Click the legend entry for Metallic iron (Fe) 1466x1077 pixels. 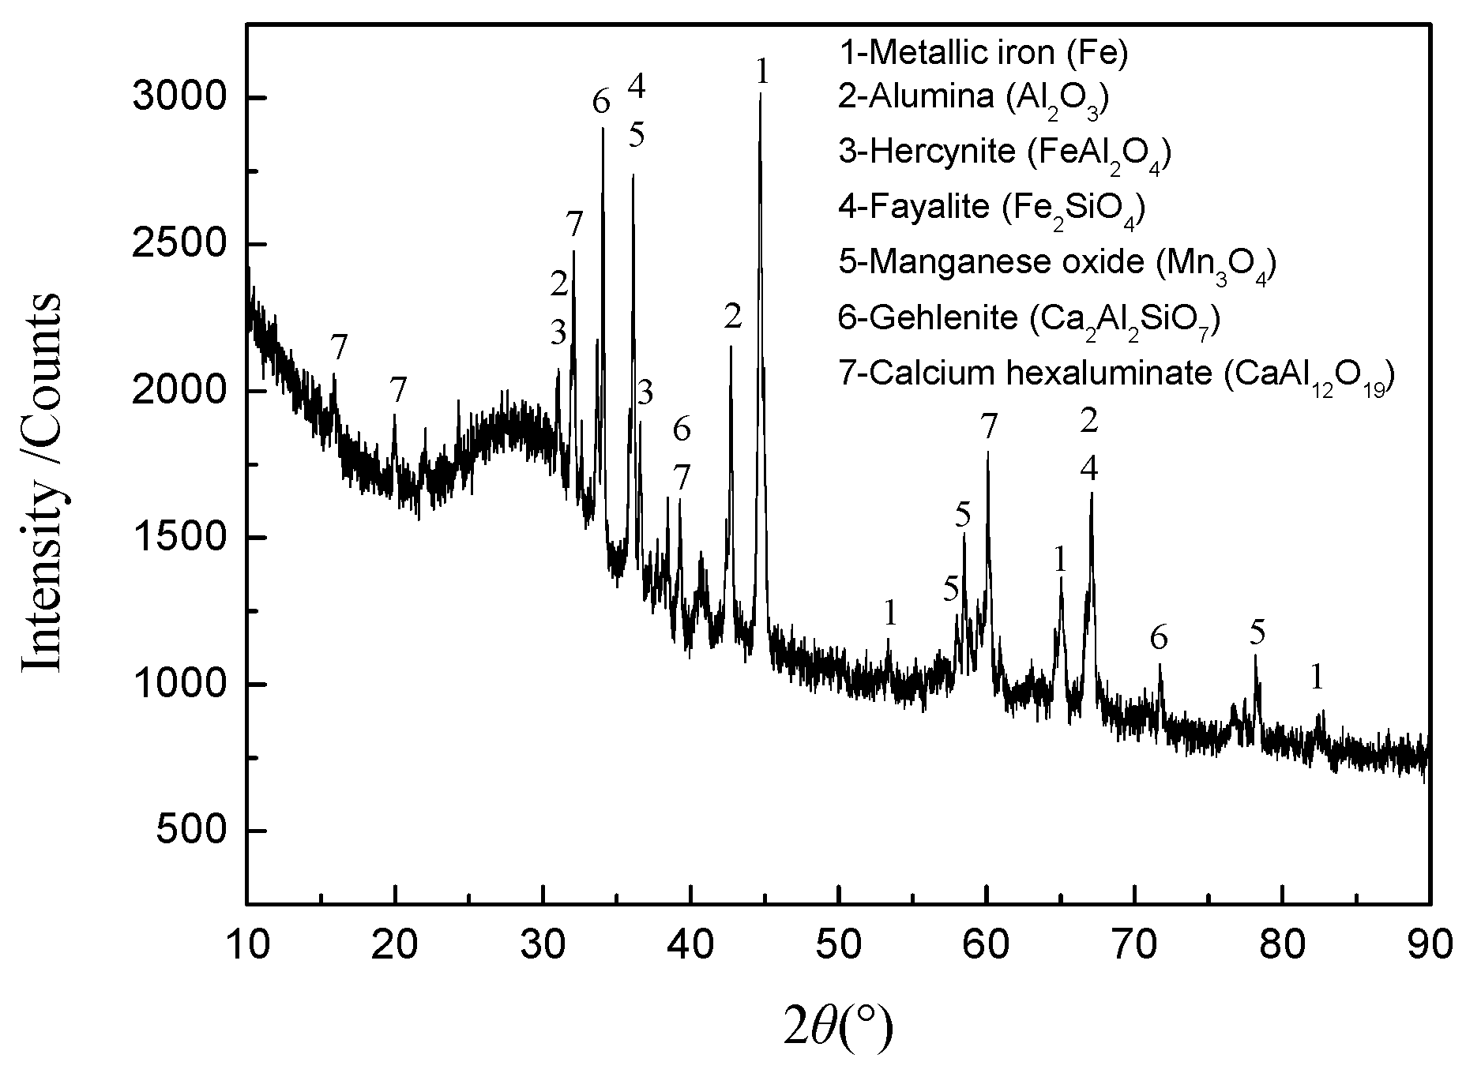[983, 54]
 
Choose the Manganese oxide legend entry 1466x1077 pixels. [1058, 263]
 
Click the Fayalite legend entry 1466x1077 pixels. [992, 208]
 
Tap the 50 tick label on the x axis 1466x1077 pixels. [838, 945]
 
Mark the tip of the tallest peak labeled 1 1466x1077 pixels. [760, 95]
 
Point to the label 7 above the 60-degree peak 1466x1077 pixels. [990, 427]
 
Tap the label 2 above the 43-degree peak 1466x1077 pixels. [733, 317]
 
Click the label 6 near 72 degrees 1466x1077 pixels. [1158, 636]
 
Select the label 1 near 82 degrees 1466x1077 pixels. [1316, 677]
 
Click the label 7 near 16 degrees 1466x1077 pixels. [339, 347]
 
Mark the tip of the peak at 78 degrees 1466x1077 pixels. [1254, 656]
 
